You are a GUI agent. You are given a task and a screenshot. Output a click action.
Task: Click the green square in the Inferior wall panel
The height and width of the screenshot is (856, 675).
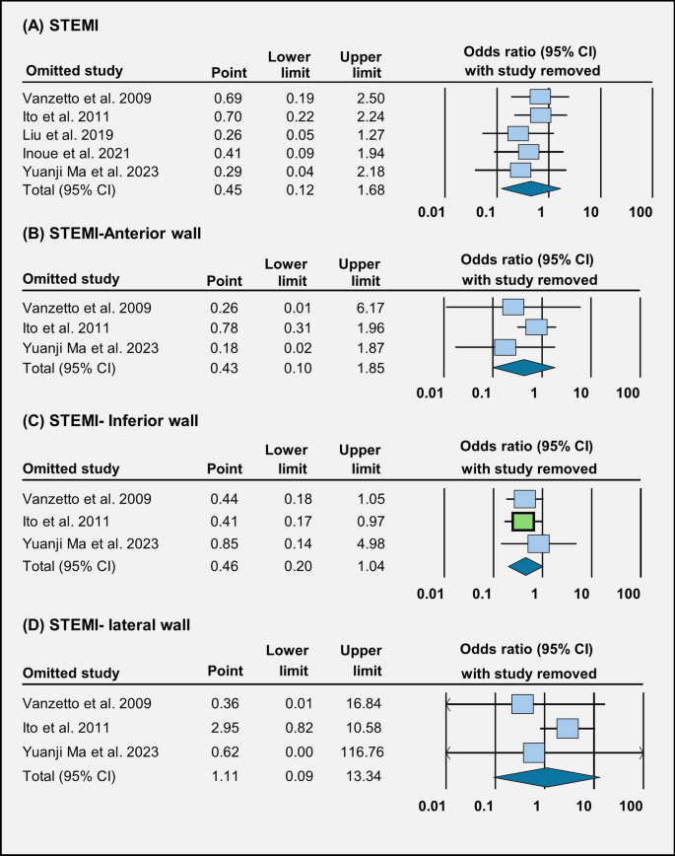[523, 522]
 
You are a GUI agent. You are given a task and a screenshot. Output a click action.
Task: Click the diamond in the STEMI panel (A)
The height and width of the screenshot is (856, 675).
[530, 187]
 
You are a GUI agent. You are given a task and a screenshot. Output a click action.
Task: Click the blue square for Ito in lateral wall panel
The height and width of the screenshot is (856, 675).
[567, 728]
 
